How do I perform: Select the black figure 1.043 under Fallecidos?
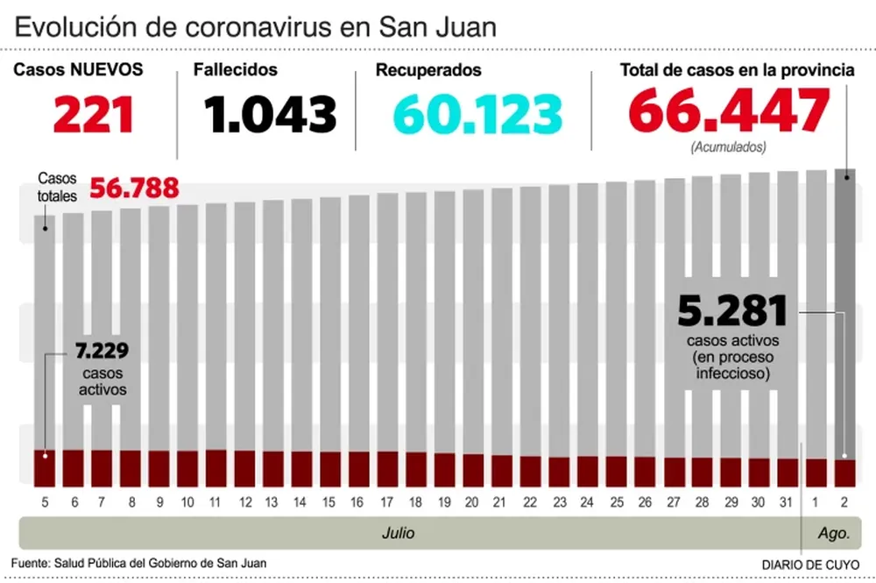(270, 114)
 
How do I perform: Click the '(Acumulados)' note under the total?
(728, 146)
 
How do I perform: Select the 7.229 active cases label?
(102, 352)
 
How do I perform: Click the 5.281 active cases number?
(732, 312)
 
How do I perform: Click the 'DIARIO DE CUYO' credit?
(811, 564)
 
